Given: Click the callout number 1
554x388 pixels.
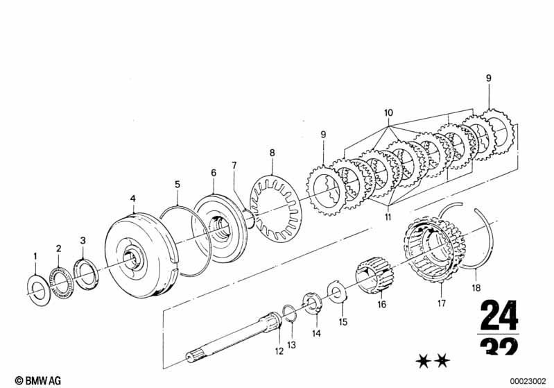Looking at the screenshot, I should (x=35, y=258).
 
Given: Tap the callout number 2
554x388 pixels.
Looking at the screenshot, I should (x=59, y=248).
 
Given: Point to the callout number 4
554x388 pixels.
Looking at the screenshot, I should (x=133, y=199).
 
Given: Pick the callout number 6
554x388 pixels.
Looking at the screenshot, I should (x=214, y=173).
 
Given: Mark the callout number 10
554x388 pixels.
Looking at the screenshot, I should (x=388, y=112).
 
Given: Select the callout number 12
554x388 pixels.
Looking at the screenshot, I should (x=279, y=351).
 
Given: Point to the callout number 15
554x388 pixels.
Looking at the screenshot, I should (x=343, y=322).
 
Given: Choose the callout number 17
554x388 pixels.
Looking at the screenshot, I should (x=442, y=303).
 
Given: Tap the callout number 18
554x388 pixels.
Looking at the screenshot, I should (x=476, y=285).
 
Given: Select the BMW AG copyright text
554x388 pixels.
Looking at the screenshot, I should (x=28, y=380).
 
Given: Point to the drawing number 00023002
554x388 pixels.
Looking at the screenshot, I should (x=528, y=380).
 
